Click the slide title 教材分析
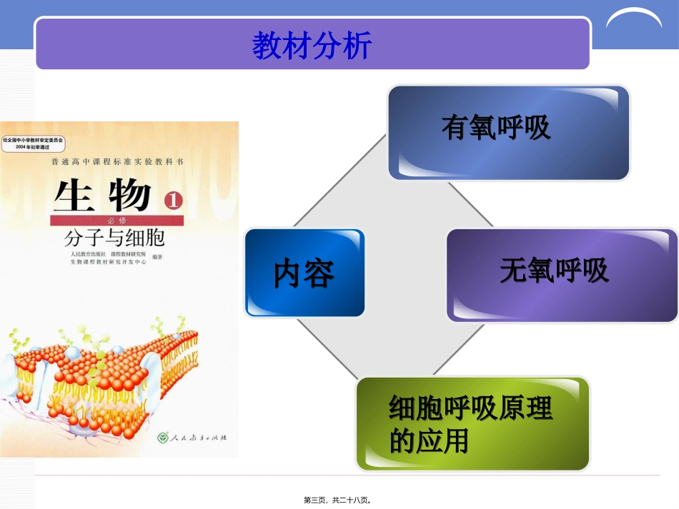(312, 45)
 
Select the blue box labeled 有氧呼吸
(508, 132)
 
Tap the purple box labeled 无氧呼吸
(562, 275)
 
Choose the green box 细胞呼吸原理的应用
(472, 424)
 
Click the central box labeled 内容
(304, 273)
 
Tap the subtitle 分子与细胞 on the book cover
(114, 237)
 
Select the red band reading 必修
(117, 221)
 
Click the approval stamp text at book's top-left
(33, 143)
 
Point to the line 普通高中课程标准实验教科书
(117, 162)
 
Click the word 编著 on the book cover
(157, 258)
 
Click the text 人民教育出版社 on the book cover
(88, 253)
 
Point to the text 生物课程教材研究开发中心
(108, 262)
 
